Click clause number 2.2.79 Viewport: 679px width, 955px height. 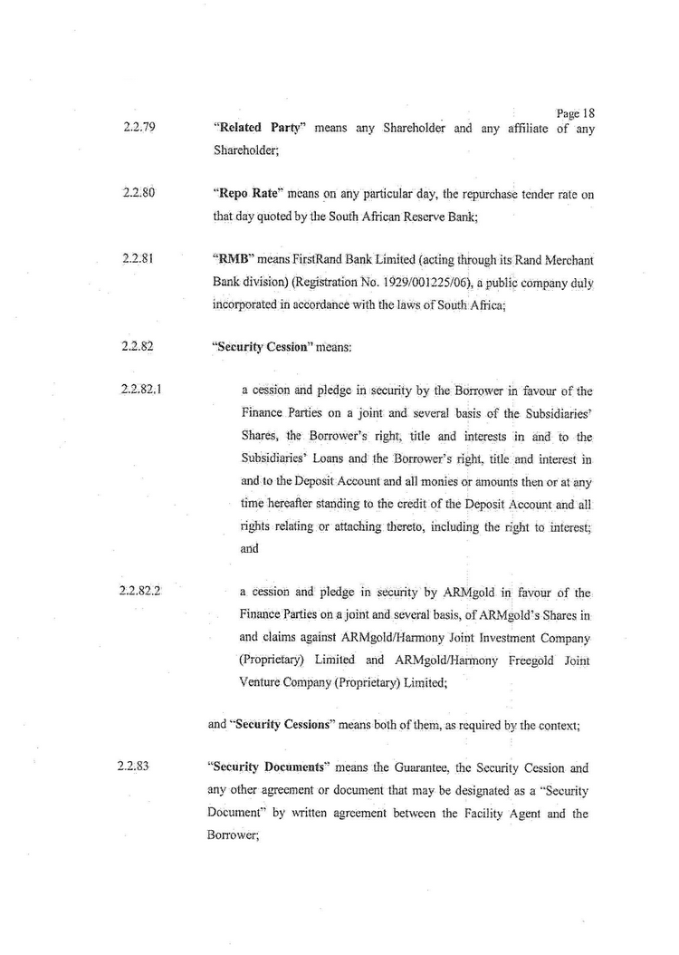(x=134, y=128)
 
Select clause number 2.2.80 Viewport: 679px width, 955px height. (x=134, y=192)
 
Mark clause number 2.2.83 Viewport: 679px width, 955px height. (x=134, y=767)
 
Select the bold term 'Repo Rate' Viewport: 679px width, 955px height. (x=244, y=192)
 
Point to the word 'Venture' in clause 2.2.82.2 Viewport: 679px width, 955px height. (x=262, y=683)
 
